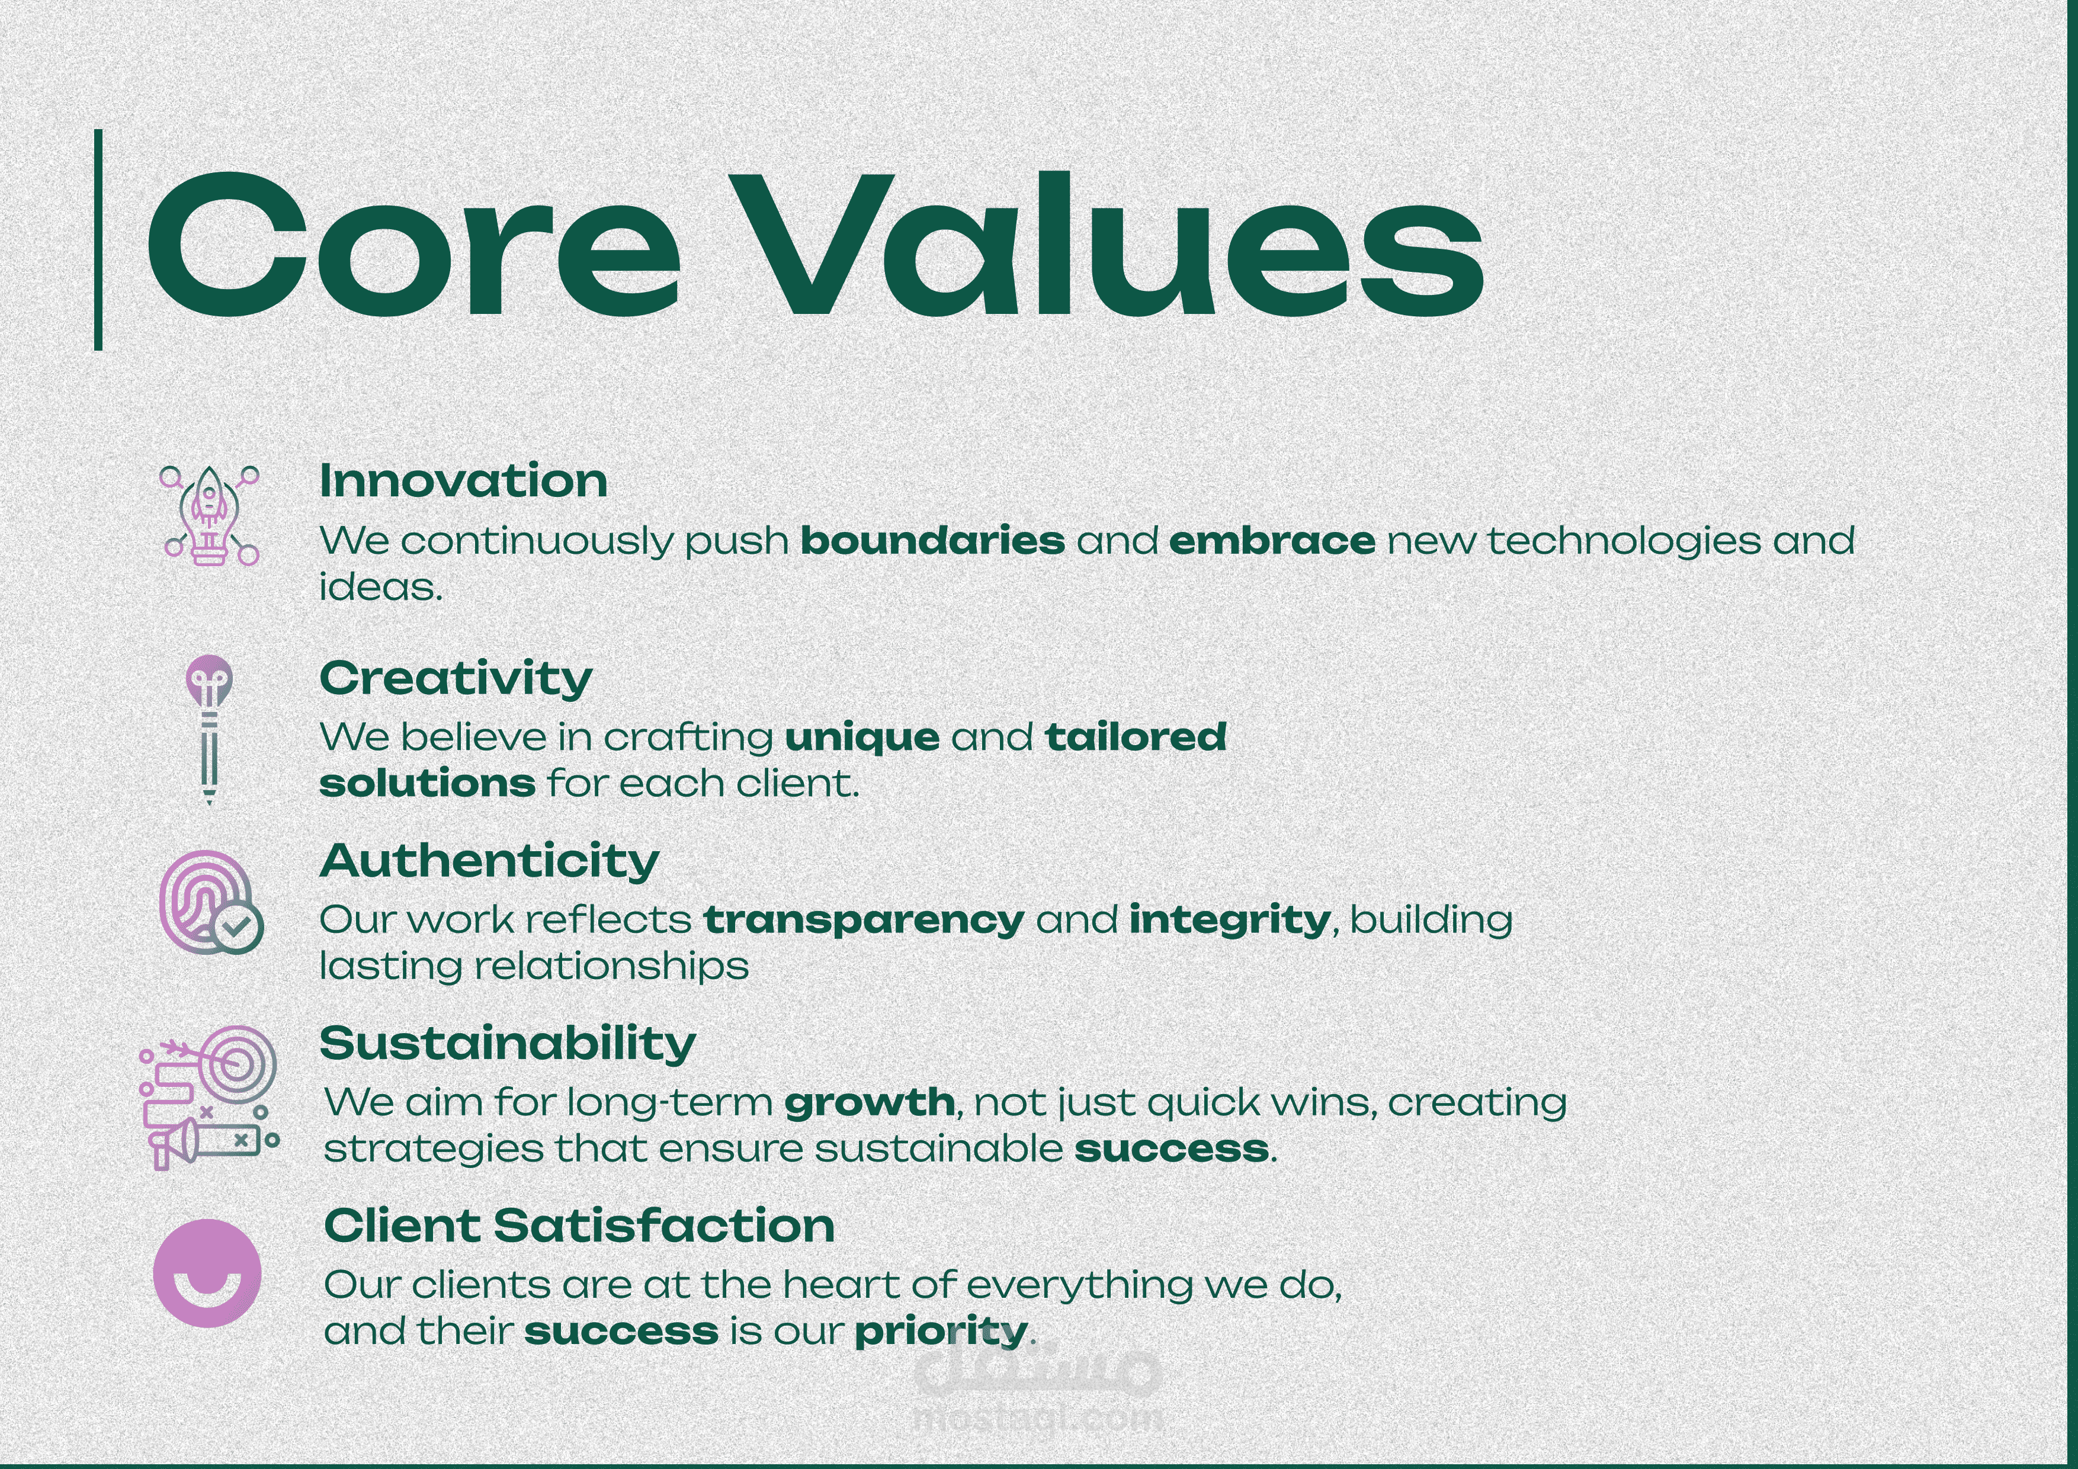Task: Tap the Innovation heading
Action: coord(463,480)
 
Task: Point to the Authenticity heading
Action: coord(490,861)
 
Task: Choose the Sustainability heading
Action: coord(508,1044)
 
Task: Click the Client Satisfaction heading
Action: coord(579,1226)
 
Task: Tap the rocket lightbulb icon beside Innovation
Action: coord(210,516)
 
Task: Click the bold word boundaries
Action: coord(933,541)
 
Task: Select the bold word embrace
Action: coord(1272,541)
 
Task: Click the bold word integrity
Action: coord(1230,920)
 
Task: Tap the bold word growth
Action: coord(870,1104)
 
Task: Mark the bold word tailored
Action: coord(1136,737)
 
